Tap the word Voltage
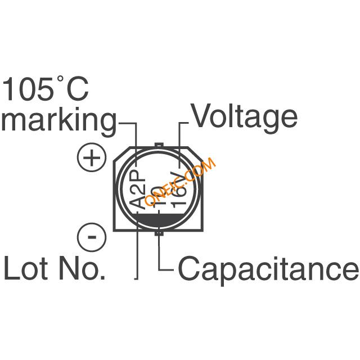[244, 117]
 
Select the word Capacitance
[268, 268]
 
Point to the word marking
[58, 121]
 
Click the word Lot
[26, 268]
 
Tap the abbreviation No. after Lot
[83, 268]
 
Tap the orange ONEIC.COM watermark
[180, 182]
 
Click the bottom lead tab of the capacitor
[160, 231]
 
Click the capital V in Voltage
[201, 117]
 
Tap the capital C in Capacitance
[190, 268]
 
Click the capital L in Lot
[11, 268]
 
